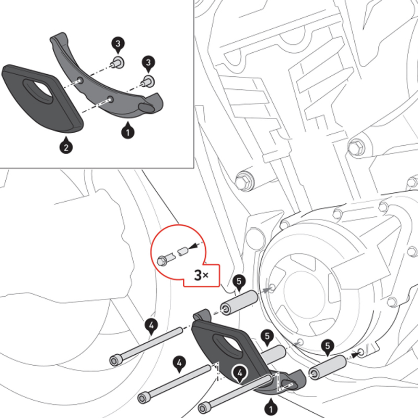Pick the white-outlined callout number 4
(240, 372)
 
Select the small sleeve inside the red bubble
(182, 251)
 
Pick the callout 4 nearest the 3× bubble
(151, 327)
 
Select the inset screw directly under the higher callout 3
(118, 63)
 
